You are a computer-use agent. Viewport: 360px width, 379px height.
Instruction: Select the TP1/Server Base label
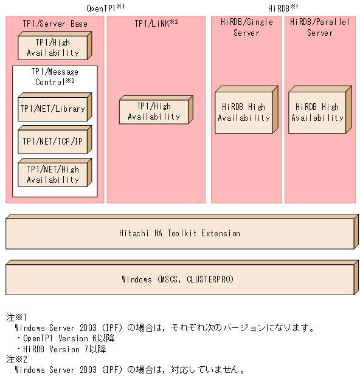click(55, 24)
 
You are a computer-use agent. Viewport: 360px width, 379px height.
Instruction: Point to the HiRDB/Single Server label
click(246, 27)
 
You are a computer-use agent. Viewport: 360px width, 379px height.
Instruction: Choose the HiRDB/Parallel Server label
click(320, 27)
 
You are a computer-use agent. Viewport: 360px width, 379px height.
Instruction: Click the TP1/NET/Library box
click(52, 109)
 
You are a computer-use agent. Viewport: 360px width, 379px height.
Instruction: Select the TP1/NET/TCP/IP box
click(52, 142)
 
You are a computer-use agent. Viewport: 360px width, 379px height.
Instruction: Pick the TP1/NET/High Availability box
click(52, 175)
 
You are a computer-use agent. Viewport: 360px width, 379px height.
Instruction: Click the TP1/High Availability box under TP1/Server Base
click(52, 47)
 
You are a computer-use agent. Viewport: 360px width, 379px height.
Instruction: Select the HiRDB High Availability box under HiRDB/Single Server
click(244, 112)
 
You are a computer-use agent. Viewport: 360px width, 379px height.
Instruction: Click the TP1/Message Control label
click(55, 77)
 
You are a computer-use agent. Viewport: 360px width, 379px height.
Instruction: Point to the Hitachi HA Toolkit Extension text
click(179, 233)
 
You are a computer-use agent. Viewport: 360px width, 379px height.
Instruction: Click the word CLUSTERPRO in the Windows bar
click(207, 280)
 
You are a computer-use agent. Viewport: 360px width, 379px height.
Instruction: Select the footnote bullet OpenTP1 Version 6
click(67, 338)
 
